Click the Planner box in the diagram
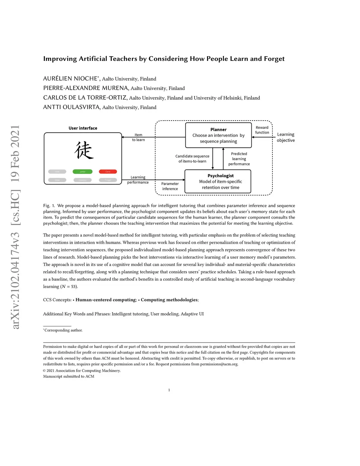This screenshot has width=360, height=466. pos(218,135)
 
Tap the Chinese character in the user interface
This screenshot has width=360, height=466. pos(84,150)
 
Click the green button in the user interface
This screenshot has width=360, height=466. pos(83,172)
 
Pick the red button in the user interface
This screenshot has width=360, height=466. pos(108,172)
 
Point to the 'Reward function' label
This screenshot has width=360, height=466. pos(262,130)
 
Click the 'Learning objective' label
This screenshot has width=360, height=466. pos(285,137)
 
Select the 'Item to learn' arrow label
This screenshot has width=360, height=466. pos(139,137)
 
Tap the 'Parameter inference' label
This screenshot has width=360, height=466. pos(170,186)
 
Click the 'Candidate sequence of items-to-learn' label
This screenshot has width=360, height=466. pos(192,159)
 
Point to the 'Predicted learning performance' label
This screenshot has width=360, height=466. pos(239,159)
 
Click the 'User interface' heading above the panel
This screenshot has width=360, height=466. pos(83,128)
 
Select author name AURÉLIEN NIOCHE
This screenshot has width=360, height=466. pos(70,78)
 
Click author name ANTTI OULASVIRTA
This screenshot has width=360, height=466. pos(72,107)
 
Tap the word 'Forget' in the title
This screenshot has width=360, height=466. pos(274,59)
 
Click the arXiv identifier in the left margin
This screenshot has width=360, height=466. pos(15,227)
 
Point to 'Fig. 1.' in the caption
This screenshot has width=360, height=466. pos(49,206)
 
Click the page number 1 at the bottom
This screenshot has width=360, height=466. pos(169,390)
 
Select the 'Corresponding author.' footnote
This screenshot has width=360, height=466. pos(63,330)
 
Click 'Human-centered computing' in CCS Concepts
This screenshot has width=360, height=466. pos(106,300)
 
